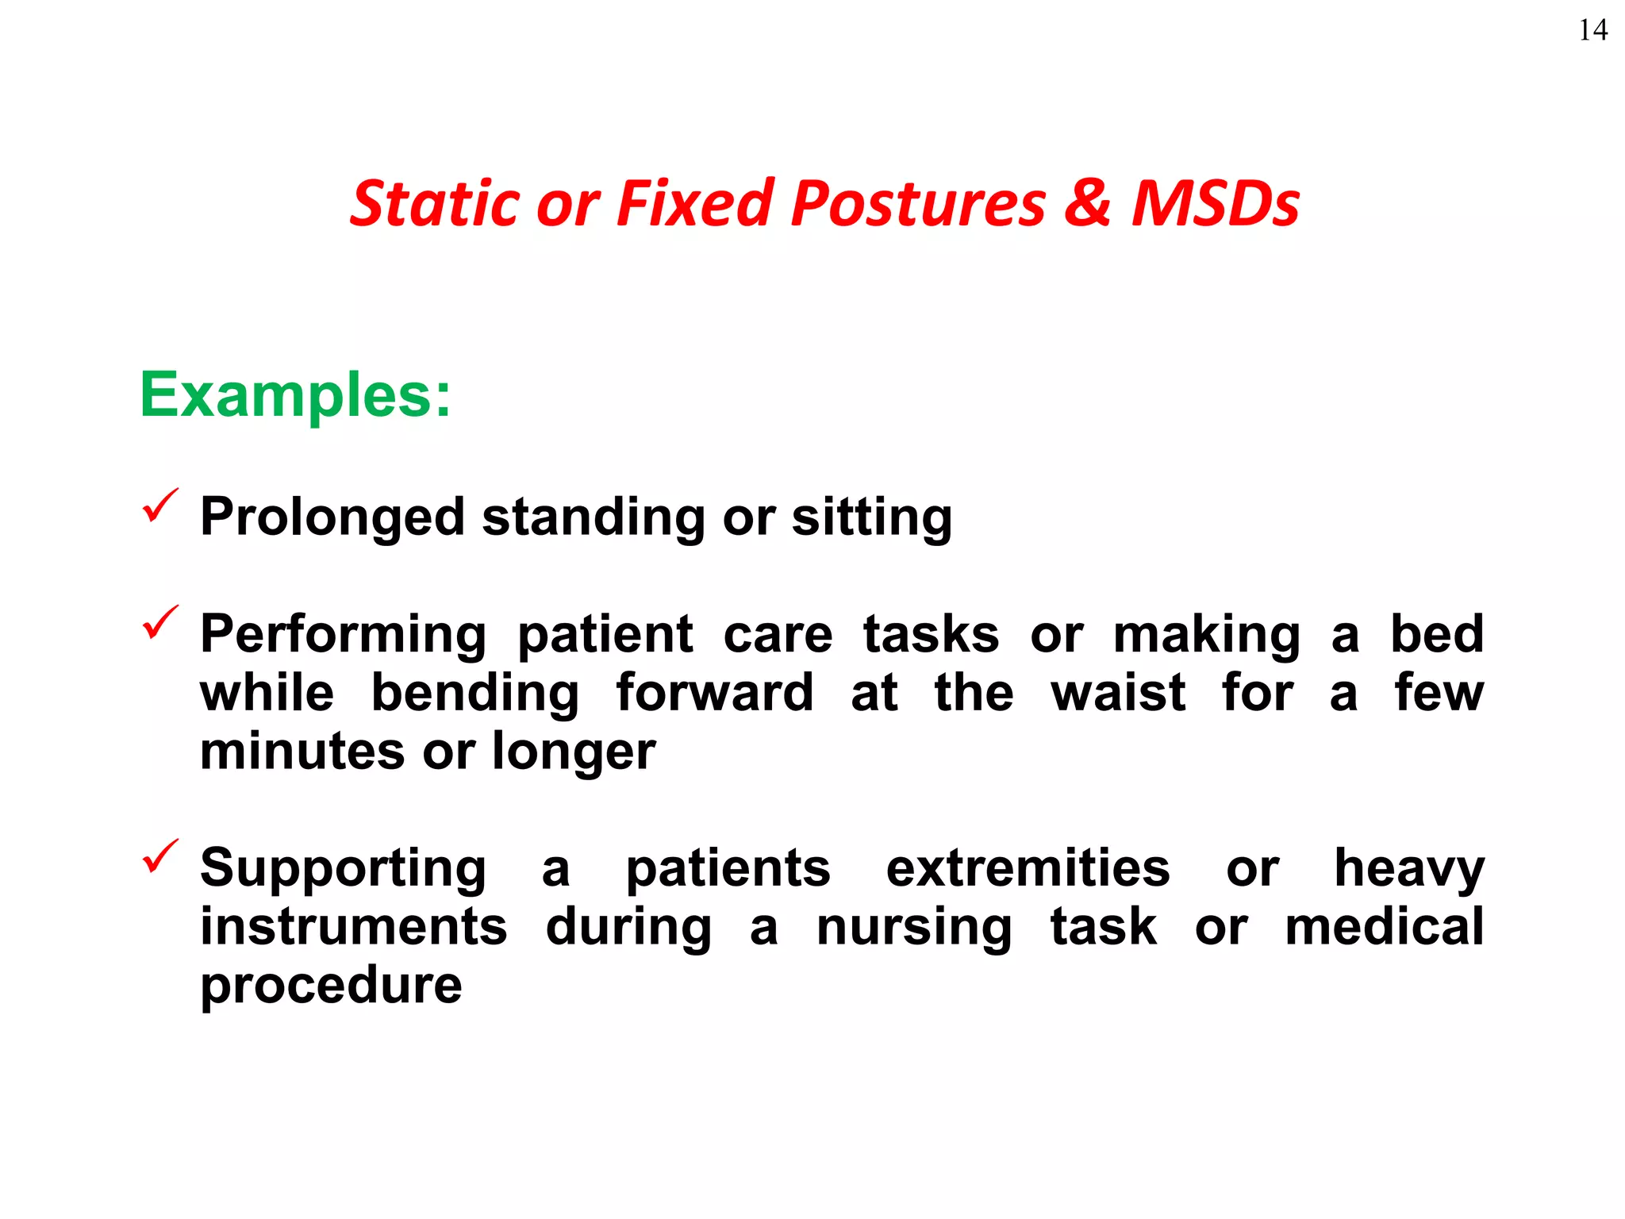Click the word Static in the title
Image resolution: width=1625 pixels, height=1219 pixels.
tap(432, 204)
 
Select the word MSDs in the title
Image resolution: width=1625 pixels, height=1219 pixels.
tap(1215, 204)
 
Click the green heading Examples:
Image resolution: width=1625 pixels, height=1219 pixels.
tap(295, 395)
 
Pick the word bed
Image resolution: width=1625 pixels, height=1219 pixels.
tap(1436, 634)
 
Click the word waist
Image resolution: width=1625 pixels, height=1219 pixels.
tap(1118, 693)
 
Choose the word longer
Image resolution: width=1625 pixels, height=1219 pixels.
tap(574, 752)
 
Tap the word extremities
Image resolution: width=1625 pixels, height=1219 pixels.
tap(1028, 868)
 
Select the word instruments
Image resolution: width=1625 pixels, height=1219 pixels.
tap(353, 927)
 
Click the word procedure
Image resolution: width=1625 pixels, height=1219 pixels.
tap(331, 986)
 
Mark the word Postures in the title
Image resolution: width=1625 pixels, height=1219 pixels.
tap(918, 204)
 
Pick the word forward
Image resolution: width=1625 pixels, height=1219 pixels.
tap(714, 693)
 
